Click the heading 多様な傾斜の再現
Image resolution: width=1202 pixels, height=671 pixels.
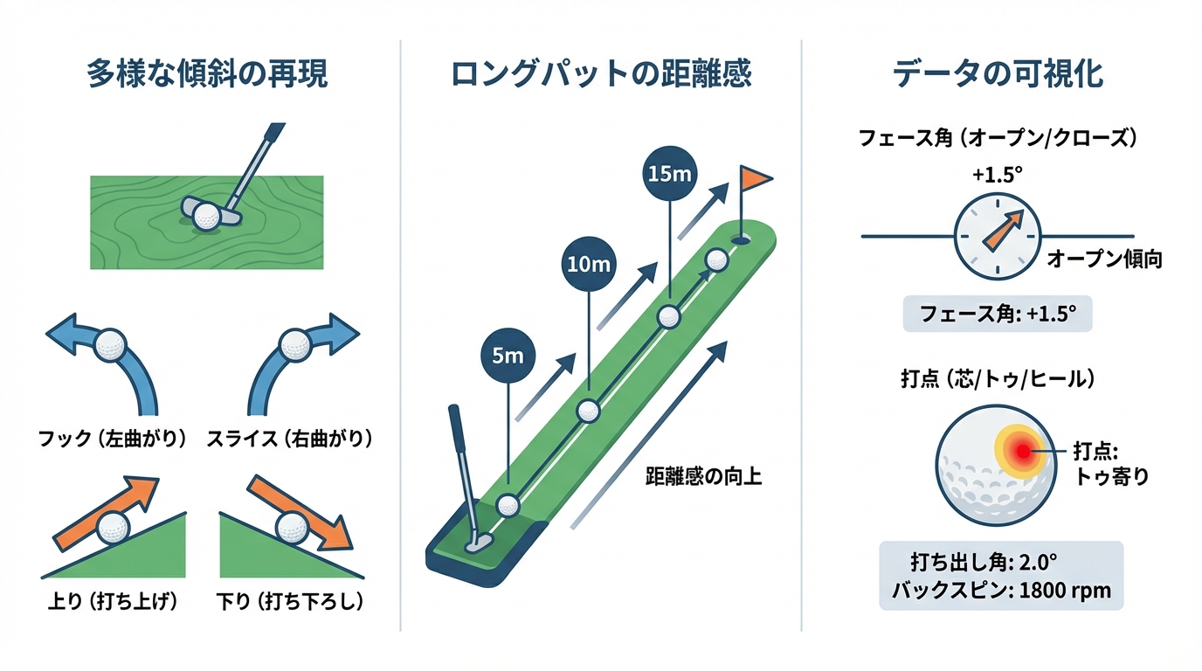coord(207,75)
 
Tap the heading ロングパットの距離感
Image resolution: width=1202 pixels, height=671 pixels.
coord(601,75)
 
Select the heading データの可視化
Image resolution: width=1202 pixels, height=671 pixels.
coord(998,75)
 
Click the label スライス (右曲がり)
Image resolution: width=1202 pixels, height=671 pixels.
coord(289,439)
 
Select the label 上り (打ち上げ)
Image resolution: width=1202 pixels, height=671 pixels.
coord(112,602)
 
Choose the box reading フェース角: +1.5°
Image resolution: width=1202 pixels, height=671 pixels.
coord(997,312)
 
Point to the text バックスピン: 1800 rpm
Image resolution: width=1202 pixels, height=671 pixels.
coord(1001,590)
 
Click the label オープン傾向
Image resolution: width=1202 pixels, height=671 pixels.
coord(1104,259)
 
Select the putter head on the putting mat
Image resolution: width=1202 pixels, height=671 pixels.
coord(477,542)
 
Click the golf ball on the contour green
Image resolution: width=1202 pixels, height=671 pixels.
coord(207,217)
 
